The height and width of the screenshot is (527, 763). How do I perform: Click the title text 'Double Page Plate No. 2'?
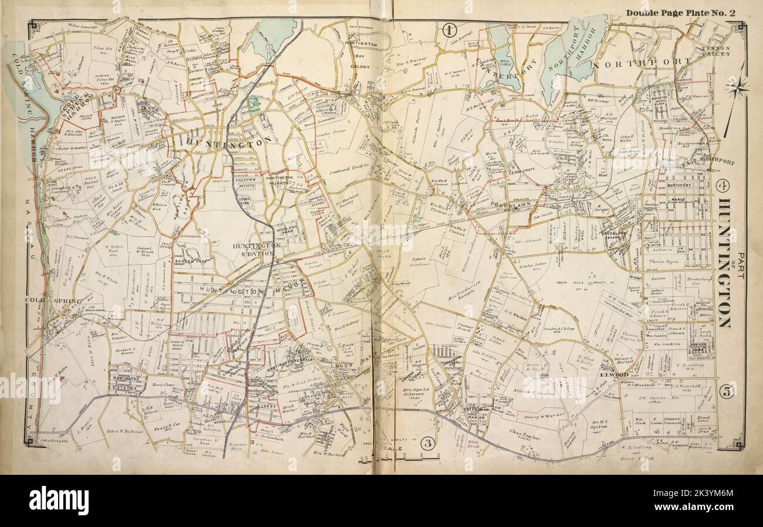click(680, 13)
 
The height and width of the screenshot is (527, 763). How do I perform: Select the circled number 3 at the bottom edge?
click(427, 444)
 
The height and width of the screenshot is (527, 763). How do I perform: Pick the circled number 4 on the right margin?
click(723, 186)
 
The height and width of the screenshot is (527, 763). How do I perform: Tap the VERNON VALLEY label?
click(714, 50)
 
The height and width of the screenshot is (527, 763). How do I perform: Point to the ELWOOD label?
click(614, 374)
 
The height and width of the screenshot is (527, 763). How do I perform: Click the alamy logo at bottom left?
click(59, 501)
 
